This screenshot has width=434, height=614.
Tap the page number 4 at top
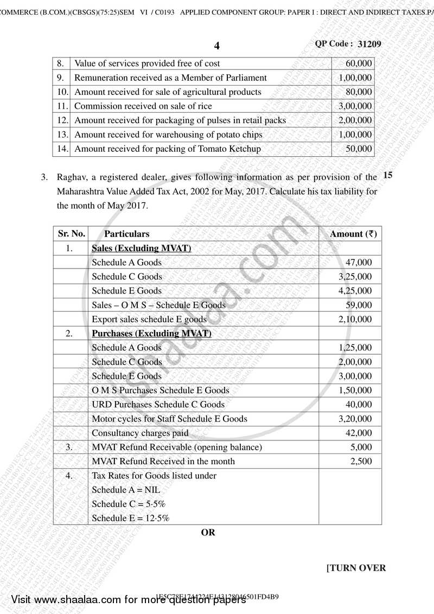217,46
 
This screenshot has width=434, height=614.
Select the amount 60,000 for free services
359,63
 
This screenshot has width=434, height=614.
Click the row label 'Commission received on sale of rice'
143,106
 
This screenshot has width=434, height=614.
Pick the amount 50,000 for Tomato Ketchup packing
359,149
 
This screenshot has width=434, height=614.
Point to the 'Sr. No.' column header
71,234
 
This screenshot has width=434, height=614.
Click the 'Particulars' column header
126,234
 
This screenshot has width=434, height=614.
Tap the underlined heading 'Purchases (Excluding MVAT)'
151,333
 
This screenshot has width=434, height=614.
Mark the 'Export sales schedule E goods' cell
149,319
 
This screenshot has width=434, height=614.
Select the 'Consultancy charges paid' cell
140,433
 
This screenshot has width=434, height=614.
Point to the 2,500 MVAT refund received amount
361,461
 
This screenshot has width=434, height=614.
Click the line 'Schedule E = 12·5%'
130,518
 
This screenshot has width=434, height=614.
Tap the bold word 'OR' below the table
208,532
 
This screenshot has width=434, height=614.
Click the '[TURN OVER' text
356,568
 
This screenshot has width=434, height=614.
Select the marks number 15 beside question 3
388,175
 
